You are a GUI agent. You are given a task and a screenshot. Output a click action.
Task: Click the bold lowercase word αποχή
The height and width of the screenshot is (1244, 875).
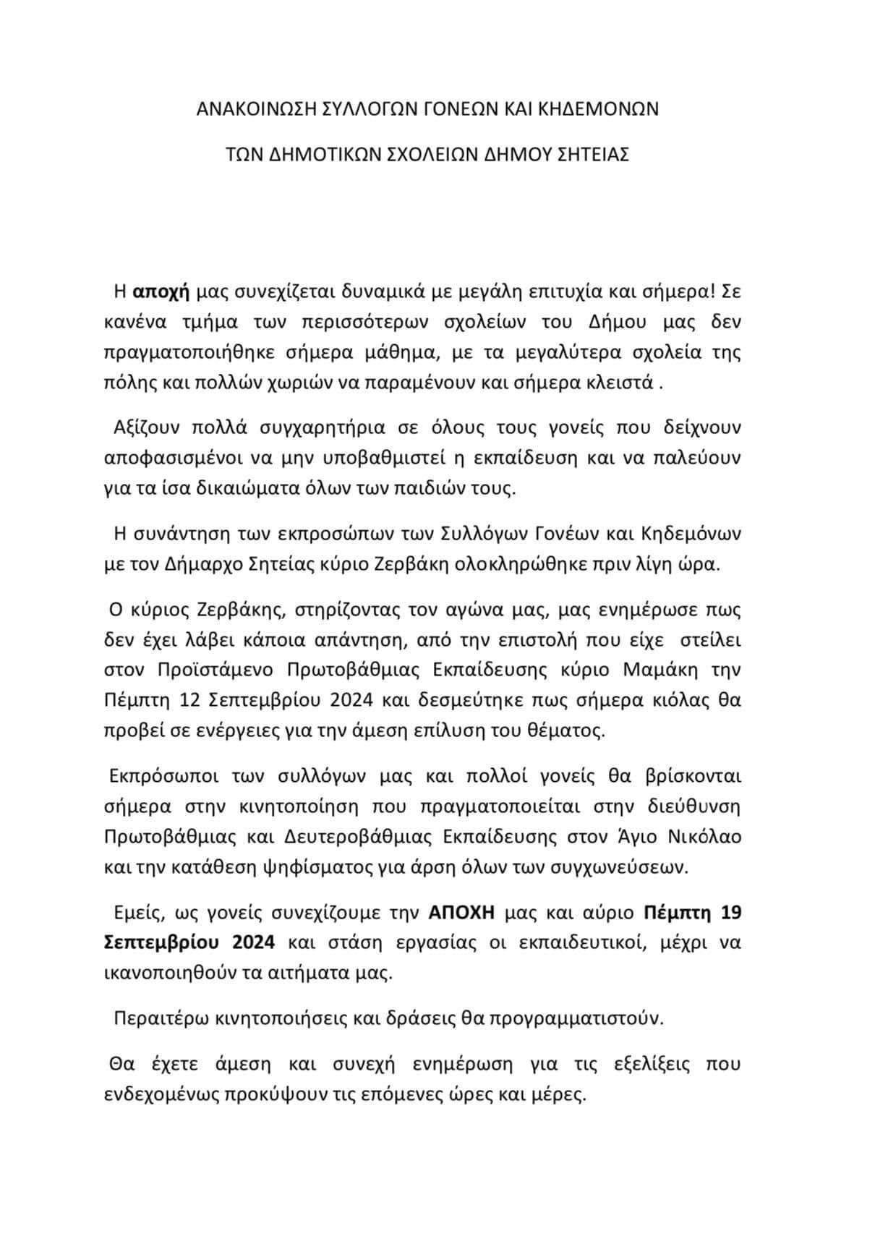(161, 292)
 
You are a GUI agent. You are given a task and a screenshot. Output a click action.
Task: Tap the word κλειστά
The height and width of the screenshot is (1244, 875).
(623, 383)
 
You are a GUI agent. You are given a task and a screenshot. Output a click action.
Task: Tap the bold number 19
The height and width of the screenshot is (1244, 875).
(731, 912)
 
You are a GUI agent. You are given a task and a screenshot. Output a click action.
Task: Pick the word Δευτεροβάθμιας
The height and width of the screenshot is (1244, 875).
(364, 836)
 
